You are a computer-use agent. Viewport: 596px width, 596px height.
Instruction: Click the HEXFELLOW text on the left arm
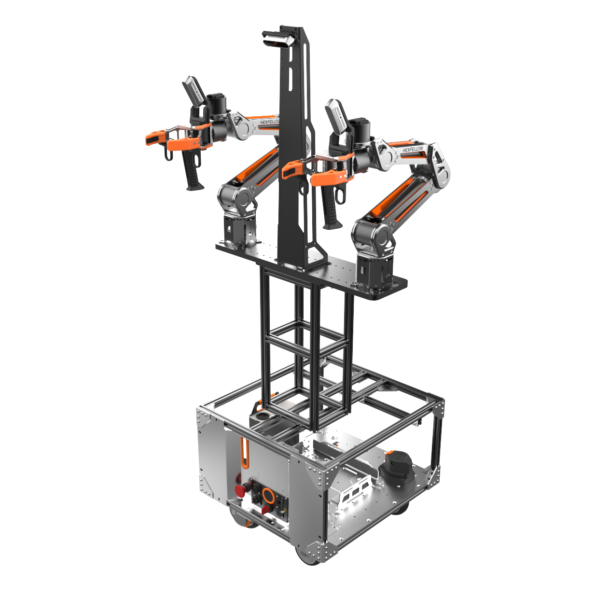coord(269,122)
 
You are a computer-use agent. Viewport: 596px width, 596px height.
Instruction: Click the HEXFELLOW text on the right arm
coord(413,150)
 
